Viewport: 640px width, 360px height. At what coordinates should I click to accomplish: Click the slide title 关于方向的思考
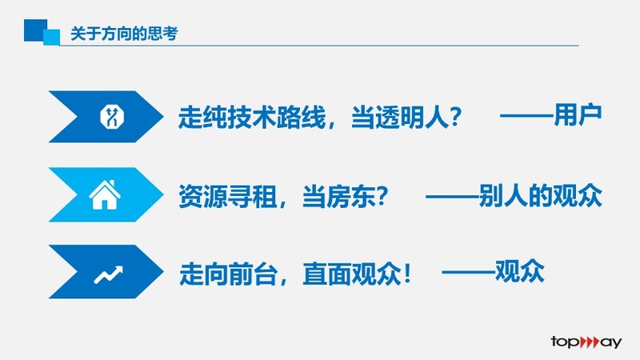[x=124, y=34]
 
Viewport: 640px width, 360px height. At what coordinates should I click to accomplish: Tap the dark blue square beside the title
[x=34, y=30]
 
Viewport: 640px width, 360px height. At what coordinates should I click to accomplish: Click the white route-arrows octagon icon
[x=112, y=117]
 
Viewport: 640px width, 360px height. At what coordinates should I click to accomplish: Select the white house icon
[x=105, y=194]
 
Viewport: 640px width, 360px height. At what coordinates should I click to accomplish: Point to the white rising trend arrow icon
[x=109, y=274]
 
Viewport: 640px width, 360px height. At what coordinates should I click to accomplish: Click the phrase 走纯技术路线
[x=252, y=118]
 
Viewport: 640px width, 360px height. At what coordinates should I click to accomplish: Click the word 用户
[x=578, y=115]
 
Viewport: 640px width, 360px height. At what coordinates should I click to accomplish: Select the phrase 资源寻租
[x=227, y=196]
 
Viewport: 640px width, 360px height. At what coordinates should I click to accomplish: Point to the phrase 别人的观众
[x=541, y=195]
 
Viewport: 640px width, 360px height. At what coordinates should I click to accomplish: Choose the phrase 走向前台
[x=228, y=274]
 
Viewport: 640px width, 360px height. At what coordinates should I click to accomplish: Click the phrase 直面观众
[x=352, y=274]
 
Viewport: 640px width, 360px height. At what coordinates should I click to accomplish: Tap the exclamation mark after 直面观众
[x=407, y=274]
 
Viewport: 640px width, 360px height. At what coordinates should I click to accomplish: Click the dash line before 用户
[x=527, y=116]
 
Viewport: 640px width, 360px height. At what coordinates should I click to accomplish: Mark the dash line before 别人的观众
[x=452, y=196]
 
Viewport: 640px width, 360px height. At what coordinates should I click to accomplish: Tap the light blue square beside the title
[x=52, y=37]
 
